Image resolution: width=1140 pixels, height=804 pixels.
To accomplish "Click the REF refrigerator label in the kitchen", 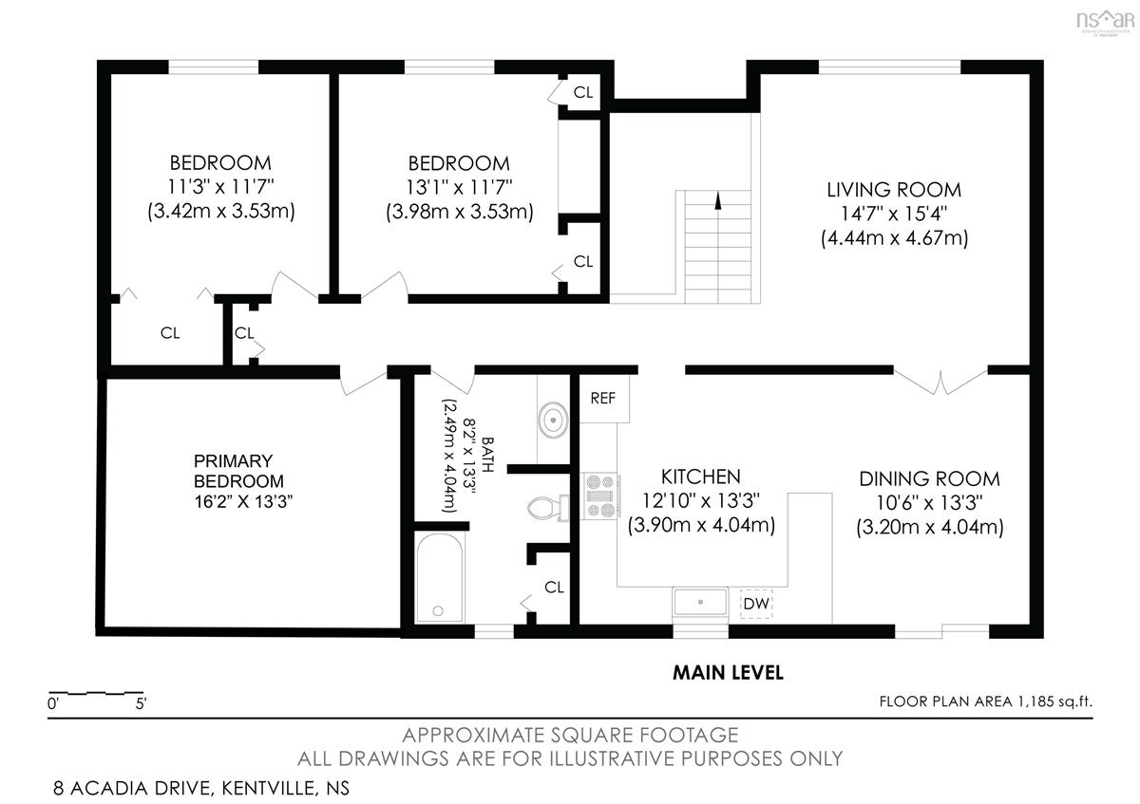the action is tap(602, 398).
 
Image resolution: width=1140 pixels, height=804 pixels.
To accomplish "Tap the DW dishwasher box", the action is tap(756, 604).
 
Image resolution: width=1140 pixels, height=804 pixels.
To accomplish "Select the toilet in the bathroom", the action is tap(547, 508).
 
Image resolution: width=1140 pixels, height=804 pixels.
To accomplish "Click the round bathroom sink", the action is tap(553, 421).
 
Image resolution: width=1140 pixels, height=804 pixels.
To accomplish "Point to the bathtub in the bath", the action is tap(440, 578).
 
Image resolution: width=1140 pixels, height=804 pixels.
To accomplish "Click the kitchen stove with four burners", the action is tap(601, 496).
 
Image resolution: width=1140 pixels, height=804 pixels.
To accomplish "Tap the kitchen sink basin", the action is tap(700, 603).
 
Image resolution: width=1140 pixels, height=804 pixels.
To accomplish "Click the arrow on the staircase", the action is tap(718, 201).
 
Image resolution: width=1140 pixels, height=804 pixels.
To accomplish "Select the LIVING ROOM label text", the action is tap(894, 190).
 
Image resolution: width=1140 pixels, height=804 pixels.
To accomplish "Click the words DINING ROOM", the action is tap(929, 479).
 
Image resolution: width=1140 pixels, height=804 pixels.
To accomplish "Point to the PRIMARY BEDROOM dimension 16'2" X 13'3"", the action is tap(243, 502).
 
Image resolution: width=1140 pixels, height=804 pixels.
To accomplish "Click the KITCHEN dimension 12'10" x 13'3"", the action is tap(701, 501).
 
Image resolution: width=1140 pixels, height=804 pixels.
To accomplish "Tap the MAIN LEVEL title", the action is tap(728, 673).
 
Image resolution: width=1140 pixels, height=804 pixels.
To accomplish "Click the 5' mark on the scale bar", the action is tap(141, 703).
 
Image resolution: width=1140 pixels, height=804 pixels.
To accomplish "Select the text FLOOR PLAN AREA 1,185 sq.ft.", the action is tap(985, 701).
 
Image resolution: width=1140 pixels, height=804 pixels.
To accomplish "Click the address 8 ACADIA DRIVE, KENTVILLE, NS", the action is tap(201, 789).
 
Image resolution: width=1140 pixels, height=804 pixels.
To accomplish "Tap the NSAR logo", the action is tap(1105, 22).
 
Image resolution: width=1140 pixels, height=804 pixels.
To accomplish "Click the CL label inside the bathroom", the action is tap(554, 588).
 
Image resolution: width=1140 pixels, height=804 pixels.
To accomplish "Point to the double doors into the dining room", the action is tap(940, 383).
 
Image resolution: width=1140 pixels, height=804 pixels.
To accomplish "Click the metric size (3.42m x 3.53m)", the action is tap(220, 211).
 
